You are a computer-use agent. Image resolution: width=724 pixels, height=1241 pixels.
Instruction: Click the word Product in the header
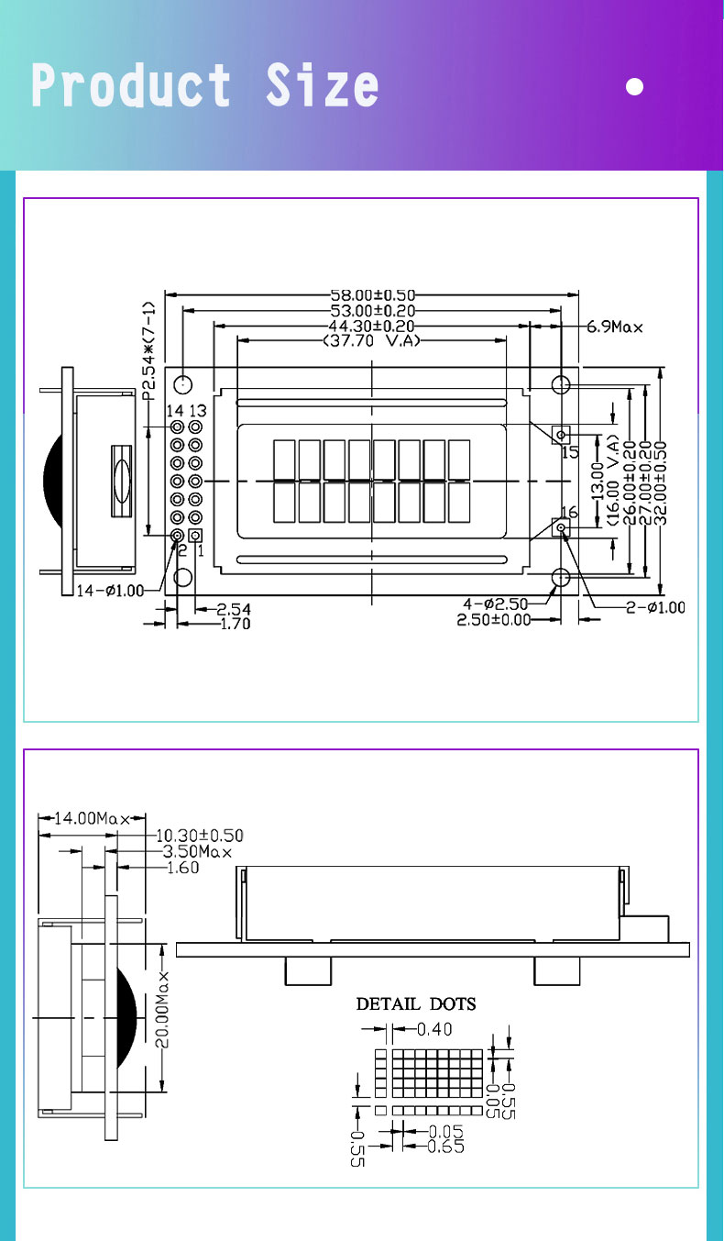coord(130,86)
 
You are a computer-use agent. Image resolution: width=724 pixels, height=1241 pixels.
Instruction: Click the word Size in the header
coord(322,86)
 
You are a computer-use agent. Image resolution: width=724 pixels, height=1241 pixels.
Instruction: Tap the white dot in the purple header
coord(633,87)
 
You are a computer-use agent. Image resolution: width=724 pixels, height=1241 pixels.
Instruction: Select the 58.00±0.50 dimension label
coord(372,295)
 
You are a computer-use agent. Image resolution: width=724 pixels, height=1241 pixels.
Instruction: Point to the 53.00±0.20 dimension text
coord(372,311)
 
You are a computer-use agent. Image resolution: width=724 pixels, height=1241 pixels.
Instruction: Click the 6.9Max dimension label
coord(616,327)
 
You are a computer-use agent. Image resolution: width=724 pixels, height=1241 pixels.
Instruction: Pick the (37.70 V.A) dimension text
coord(371,341)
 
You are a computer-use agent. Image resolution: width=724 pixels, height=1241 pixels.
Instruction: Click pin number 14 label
coord(175,410)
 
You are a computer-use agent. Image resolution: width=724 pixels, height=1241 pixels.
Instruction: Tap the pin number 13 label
coord(197,410)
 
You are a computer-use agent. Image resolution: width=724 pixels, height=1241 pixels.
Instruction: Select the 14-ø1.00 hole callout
coord(110,590)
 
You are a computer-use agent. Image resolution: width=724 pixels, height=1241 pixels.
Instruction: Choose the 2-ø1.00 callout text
coord(654,607)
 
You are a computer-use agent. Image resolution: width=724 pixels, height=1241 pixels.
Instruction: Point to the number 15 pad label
coord(569,452)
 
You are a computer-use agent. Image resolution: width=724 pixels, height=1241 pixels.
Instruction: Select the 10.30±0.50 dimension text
coord(200,836)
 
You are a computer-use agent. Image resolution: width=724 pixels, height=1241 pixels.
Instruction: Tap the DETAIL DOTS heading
coord(416,1003)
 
